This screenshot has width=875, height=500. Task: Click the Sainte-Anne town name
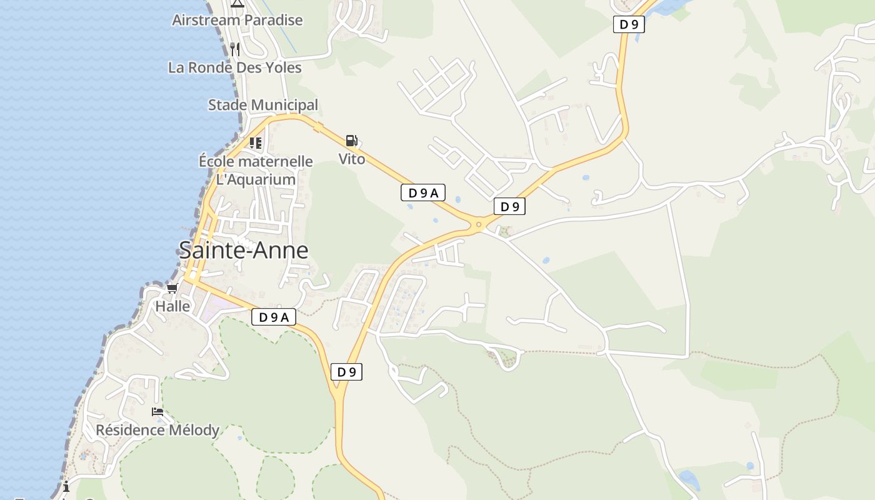pos(244,251)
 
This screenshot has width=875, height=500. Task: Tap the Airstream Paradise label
pos(237,20)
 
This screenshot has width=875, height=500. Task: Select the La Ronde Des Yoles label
pos(235,67)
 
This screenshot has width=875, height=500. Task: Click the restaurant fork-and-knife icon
pos(235,49)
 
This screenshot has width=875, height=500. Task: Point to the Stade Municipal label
pos(263,105)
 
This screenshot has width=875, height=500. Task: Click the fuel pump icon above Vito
pos(352,141)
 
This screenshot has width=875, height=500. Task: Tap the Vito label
pos(352,159)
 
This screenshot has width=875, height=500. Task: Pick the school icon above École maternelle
pos(255,143)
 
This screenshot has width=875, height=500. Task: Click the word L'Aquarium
pos(256,180)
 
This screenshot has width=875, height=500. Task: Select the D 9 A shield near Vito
pos(423,193)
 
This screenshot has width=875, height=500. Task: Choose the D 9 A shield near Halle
pos(273,317)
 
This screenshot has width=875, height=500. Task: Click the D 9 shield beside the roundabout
pos(509,206)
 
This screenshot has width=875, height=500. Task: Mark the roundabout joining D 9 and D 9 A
pos(479,224)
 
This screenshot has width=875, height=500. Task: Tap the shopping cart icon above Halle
pos(172,288)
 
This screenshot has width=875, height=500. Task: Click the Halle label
pos(172,306)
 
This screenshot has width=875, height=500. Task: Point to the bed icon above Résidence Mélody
pos(157,412)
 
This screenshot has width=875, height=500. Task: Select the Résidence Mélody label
pos(157,430)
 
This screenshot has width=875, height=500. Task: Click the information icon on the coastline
pos(66,486)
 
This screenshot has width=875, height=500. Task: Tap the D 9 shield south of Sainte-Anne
pos(346,372)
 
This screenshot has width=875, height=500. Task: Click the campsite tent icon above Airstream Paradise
pos(237,3)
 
